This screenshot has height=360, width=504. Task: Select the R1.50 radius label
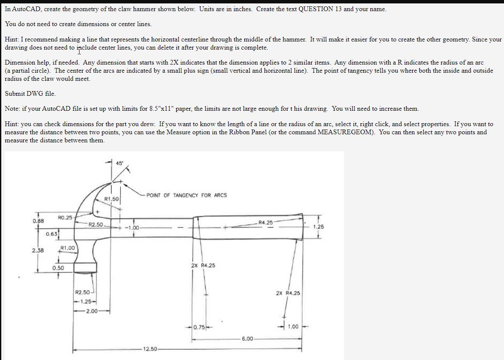112,199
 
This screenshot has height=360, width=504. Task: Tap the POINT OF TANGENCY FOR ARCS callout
186,195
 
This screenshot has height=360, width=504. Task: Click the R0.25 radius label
65,218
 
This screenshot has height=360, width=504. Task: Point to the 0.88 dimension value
38,221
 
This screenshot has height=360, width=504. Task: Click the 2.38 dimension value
38,251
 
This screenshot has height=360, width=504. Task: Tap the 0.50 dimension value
58,268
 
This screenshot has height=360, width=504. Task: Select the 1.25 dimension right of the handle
318,227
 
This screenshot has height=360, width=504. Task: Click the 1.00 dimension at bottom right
292,327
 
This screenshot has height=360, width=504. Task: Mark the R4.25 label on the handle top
266,222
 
